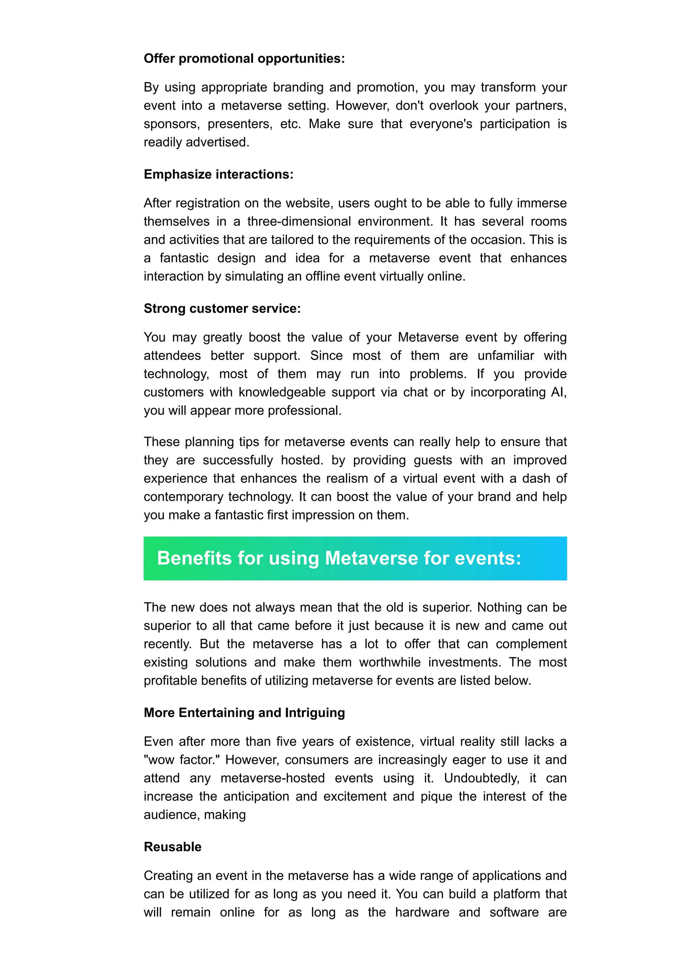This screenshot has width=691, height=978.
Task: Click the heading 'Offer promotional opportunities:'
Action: pyautogui.click(x=244, y=58)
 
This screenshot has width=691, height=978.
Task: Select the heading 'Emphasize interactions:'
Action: pyautogui.click(x=218, y=174)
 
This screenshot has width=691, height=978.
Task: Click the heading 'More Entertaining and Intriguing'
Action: pyautogui.click(x=244, y=713)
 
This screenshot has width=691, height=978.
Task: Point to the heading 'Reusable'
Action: pyautogui.click(x=172, y=847)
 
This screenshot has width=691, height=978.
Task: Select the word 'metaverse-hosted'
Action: pyautogui.click(x=273, y=778)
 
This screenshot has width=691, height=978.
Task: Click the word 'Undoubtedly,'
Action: pyautogui.click(x=481, y=778)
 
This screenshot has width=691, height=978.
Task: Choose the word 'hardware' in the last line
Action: pyautogui.click(x=422, y=913)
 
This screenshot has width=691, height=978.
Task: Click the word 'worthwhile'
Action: pyautogui.click(x=390, y=662)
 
